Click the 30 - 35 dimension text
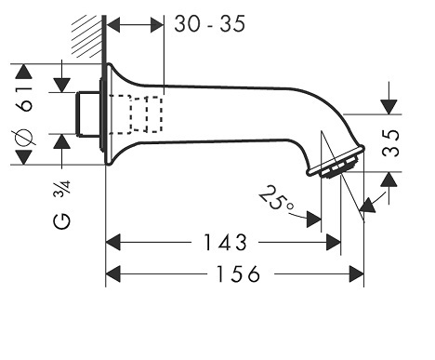pyautogui.click(x=210, y=24)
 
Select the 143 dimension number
pyautogui.click(x=225, y=243)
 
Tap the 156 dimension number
pyautogui.click(x=238, y=273)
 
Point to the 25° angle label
pyautogui.click(x=275, y=199)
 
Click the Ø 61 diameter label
pyautogui.click(x=24, y=115)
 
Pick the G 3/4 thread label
pyautogui.click(x=62, y=205)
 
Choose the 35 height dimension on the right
pyautogui.click(x=390, y=143)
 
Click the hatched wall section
pyautogui.click(x=87, y=36)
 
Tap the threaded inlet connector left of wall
pyautogui.click(x=88, y=113)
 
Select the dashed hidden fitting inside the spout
pyautogui.click(x=136, y=114)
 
